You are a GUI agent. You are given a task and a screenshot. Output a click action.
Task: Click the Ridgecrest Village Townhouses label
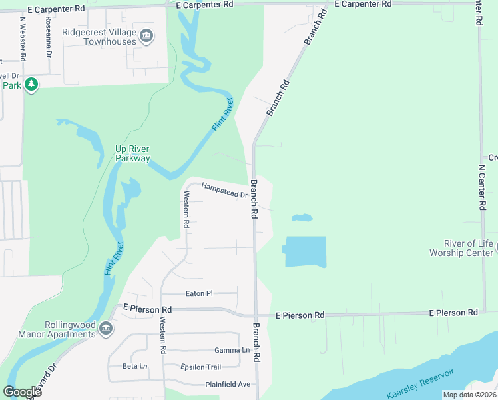[99, 36]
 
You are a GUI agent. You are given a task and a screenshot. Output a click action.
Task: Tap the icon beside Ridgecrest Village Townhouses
[148, 36]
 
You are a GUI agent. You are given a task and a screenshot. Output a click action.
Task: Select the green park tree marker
[31, 85]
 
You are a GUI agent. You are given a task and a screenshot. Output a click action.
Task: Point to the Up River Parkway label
[132, 153]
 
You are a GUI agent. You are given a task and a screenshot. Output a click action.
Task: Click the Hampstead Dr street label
[224, 191]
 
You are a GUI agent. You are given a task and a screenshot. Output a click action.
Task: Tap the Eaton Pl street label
[199, 293]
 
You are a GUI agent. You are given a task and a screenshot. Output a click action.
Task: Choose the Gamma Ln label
[232, 350]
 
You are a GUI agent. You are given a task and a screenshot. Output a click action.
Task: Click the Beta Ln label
[134, 366]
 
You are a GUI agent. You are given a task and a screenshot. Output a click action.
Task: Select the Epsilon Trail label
[200, 367]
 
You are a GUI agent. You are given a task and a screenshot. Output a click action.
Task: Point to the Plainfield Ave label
[228, 384]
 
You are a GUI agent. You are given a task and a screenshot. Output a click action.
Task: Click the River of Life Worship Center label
[461, 248]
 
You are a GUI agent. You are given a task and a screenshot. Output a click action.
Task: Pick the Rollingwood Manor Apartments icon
[105, 328]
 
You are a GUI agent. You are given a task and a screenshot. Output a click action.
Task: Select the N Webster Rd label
[23, 36]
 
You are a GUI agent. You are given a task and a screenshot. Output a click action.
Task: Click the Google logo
[22, 392]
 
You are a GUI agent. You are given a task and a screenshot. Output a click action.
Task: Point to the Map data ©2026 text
[468, 395]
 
